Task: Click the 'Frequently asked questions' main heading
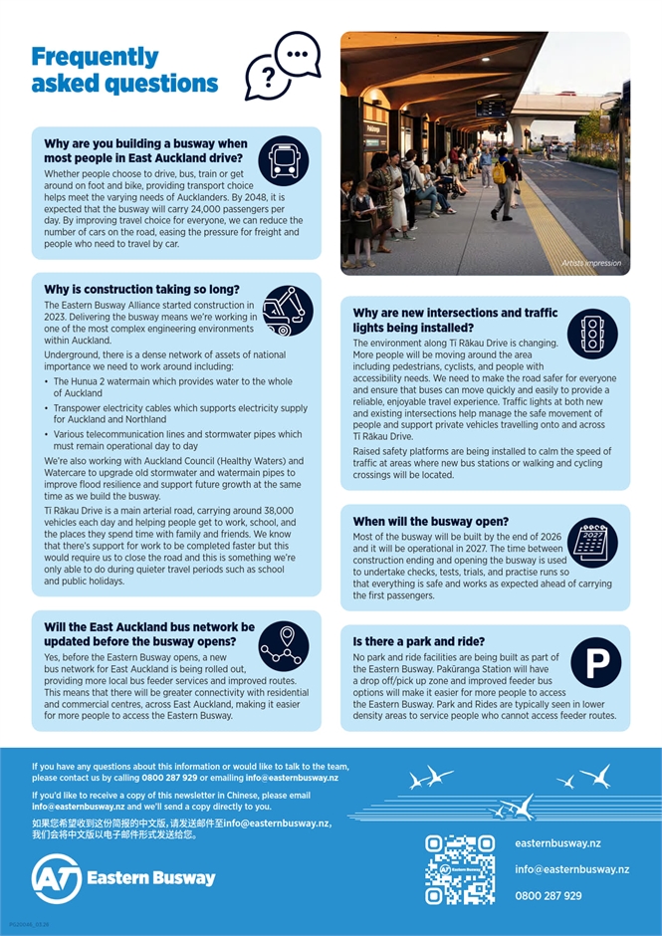(124, 70)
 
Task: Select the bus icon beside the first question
(283, 160)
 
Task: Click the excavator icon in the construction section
(288, 311)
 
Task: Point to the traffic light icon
(592, 334)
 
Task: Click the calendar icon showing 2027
(592, 543)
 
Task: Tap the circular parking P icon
(596, 662)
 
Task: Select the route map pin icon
(284, 646)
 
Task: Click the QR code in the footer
(460, 869)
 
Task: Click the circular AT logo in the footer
(56, 878)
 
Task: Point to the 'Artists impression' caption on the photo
(591, 264)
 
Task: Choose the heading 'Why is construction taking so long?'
(141, 290)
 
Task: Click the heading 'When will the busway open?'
(430, 521)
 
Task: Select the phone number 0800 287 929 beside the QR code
(549, 895)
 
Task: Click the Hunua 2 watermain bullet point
(172, 386)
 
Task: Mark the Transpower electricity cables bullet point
(179, 413)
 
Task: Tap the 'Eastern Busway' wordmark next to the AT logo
(150, 878)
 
